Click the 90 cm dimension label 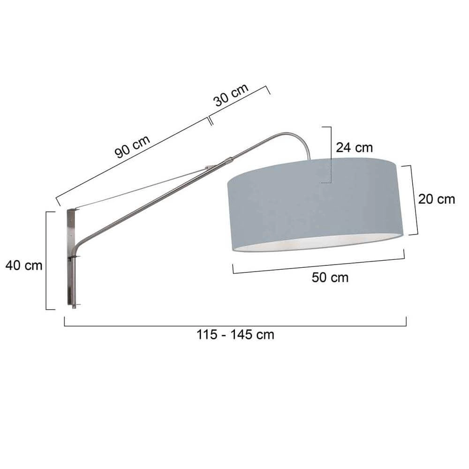pos(133,147)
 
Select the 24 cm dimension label pos(354,147)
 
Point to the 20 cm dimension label pos(437,199)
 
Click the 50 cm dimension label pos(330,278)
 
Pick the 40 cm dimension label pos(24,265)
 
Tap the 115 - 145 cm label pos(234,335)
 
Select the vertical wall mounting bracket pos(71,258)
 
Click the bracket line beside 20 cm pos(416,200)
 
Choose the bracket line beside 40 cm pos(46,260)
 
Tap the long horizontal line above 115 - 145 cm pos(234,325)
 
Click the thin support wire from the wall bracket pos(141,188)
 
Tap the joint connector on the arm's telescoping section pos(228,161)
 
